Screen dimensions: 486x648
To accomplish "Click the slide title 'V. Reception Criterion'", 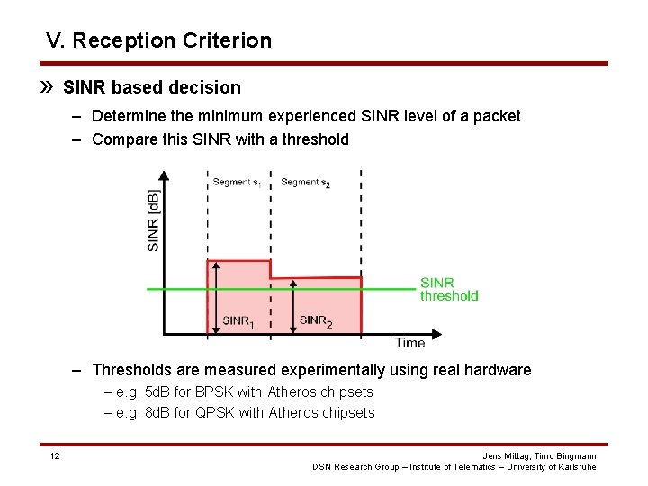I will tap(158, 40).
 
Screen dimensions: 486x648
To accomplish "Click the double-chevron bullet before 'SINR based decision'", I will tap(50, 87).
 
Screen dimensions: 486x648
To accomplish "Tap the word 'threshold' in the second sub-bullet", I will tap(315, 139).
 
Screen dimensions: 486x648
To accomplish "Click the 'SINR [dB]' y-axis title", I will tap(153, 220).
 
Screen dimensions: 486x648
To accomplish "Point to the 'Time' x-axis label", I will tap(409, 343).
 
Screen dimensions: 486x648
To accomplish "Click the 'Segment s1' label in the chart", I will tap(237, 183).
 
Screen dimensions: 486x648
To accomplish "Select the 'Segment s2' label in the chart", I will tap(305, 183).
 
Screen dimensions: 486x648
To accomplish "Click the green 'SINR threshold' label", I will tap(448, 289).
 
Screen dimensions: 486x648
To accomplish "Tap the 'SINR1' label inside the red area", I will tap(238, 320).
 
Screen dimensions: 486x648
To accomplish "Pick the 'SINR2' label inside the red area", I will tap(315, 320).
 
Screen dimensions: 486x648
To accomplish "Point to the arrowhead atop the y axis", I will tap(163, 177).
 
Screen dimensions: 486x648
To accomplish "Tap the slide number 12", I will tap(55, 456).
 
